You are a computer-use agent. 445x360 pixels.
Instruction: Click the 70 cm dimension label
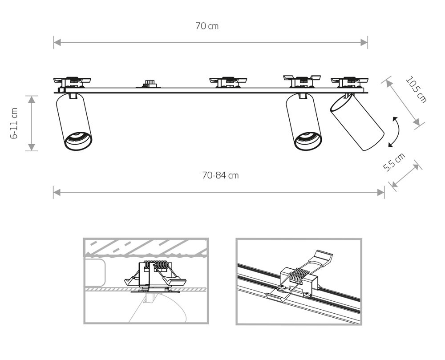[207, 26]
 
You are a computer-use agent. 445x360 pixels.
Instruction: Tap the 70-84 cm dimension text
[220, 175]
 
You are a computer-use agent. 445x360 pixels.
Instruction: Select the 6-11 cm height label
[14, 123]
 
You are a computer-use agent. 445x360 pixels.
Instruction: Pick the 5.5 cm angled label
[394, 163]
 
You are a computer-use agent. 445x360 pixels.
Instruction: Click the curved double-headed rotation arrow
[394, 131]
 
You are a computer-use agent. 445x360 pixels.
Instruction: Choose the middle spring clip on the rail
[228, 81]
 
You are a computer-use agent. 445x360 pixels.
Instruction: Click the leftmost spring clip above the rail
[72, 81]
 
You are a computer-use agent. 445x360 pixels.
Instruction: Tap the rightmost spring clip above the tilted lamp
[349, 81]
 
